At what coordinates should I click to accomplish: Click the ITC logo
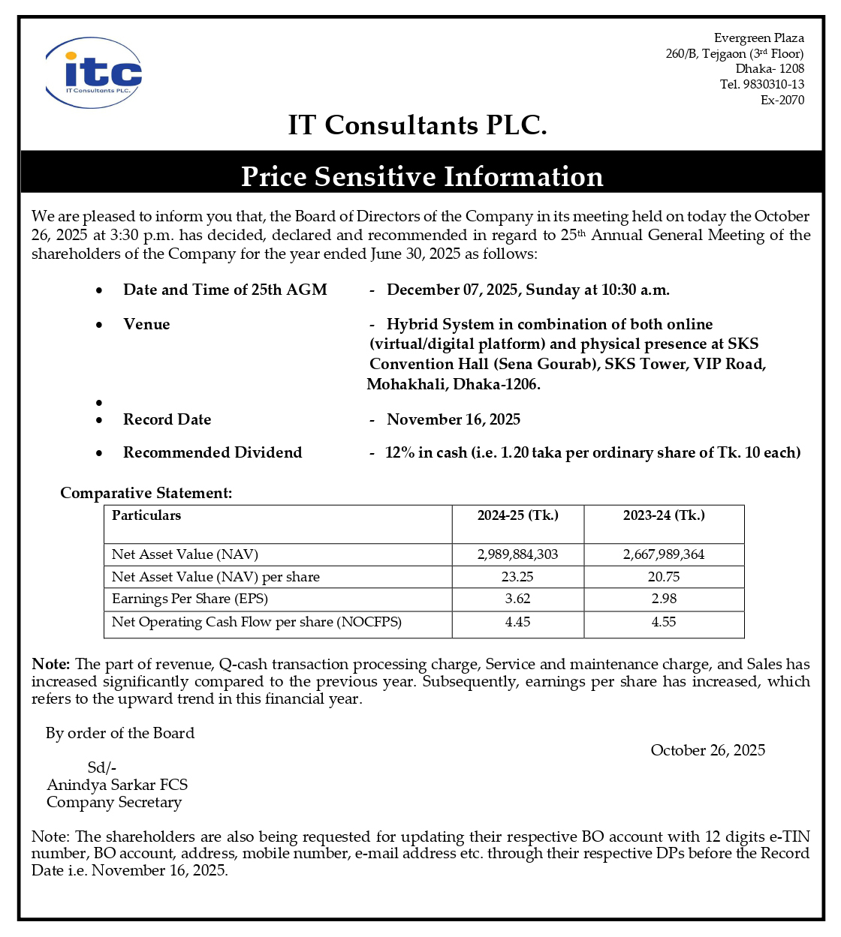tap(94, 73)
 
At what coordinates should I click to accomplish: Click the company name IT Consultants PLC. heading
tap(417, 125)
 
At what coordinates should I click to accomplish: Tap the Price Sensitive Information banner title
tap(421, 176)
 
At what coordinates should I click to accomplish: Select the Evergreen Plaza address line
tap(758, 38)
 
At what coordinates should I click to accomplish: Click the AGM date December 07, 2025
tap(454, 290)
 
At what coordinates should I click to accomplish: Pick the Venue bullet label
tap(146, 324)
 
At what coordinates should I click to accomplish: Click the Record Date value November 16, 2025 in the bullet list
tap(453, 419)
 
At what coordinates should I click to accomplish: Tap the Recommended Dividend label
tap(213, 452)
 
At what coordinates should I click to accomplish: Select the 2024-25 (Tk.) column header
tap(517, 515)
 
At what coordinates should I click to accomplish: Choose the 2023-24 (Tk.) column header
tap(664, 515)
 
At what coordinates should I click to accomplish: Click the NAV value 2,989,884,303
tap(517, 554)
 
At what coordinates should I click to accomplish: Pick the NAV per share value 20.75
tap(664, 577)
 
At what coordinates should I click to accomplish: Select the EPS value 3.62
tap(517, 599)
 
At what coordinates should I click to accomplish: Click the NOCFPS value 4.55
tap(664, 622)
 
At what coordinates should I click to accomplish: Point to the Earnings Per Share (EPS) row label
tap(190, 599)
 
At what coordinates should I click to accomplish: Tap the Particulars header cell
tap(146, 515)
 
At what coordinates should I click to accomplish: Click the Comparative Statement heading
tap(146, 493)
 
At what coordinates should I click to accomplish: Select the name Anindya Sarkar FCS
tap(117, 785)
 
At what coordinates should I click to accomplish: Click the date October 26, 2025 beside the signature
tap(707, 750)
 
